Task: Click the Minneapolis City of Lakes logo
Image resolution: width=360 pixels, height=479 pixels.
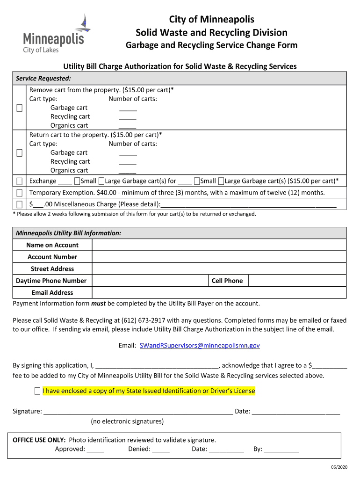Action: [x=54, y=35]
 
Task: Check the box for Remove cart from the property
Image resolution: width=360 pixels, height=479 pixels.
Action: [x=20, y=108]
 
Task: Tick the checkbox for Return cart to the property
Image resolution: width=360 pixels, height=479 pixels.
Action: [x=20, y=153]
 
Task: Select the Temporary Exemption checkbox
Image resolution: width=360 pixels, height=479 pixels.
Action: [x=20, y=193]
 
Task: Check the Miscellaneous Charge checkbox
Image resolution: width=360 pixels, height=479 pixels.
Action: [x=20, y=204]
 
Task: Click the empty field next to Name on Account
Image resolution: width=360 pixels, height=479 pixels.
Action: [x=219, y=245]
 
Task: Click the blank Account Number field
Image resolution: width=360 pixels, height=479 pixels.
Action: [x=219, y=257]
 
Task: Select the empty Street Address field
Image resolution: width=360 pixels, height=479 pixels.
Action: [x=219, y=269]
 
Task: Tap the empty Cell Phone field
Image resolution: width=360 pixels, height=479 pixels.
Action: [x=297, y=281]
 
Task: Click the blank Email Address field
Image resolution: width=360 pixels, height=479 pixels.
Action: [x=219, y=293]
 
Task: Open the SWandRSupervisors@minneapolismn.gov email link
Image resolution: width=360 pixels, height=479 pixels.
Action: [x=200, y=346]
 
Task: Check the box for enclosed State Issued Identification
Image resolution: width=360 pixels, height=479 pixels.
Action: [x=37, y=391]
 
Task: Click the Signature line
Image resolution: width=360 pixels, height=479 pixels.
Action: [x=138, y=412]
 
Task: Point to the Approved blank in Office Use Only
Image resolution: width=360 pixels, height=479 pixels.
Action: [x=95, y=450]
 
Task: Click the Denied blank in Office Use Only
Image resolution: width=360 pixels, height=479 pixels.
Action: [x=161, y=450]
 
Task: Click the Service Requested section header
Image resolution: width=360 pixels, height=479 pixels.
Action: [x=43, y=78]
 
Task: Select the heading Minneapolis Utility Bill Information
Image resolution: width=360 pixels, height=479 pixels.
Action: [x=69, y=233]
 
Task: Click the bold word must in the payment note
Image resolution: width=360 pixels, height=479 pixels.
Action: [x=98, y=304]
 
